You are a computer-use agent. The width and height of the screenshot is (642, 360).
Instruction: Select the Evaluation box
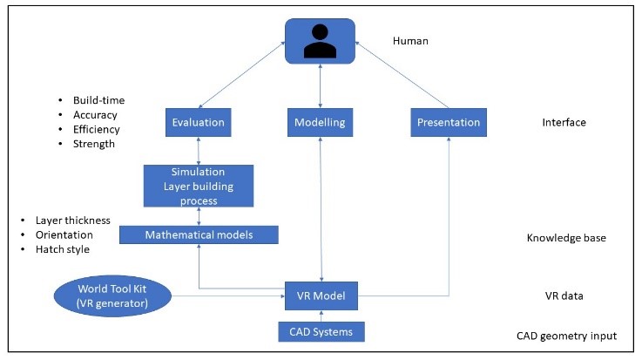[199, 122]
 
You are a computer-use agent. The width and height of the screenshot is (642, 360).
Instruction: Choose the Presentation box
[448, 122]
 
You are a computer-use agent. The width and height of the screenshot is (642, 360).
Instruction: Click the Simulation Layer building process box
[199, 185]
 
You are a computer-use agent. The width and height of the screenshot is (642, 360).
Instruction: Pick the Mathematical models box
[199, 234]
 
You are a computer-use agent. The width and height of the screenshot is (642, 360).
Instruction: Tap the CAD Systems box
[321, 332]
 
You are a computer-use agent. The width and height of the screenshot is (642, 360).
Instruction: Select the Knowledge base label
[566, 237]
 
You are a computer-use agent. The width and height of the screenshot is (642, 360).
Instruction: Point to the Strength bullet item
[93, 144]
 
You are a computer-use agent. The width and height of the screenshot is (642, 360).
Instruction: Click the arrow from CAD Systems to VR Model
[321, 315]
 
